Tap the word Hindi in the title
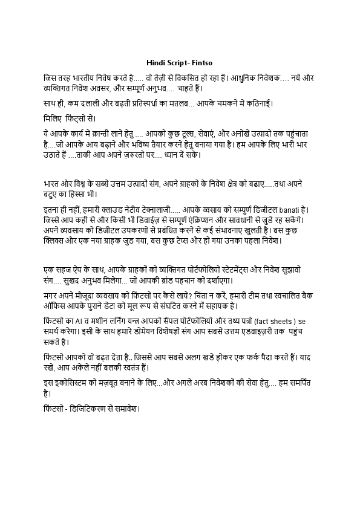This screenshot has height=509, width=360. [x=157, y=62]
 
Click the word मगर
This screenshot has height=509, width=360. [x=52, y=297]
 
